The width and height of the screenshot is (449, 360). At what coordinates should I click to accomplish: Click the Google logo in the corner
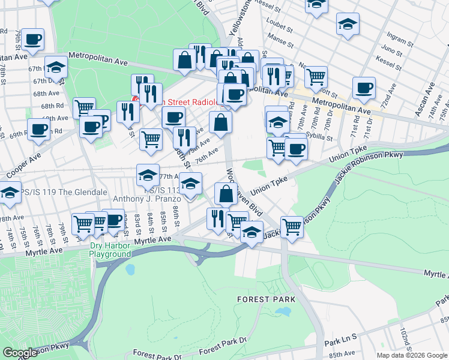(x=19, y=353)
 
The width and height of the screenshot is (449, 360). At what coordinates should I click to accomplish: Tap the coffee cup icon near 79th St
(x=33, y=40)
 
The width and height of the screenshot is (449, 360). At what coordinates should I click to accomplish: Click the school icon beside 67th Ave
(x=56, y=67)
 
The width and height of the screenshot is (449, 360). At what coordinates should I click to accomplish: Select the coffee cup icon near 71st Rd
(x=363, y=88)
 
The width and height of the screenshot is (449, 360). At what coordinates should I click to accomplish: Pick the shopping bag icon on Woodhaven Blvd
(x=226, y=194)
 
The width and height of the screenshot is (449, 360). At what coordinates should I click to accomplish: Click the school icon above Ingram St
(x=348, y=25)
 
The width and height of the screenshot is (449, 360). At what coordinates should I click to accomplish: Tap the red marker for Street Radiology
(x=136, y=100)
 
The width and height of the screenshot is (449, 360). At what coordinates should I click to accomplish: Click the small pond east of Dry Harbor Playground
(x=130, y=269)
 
